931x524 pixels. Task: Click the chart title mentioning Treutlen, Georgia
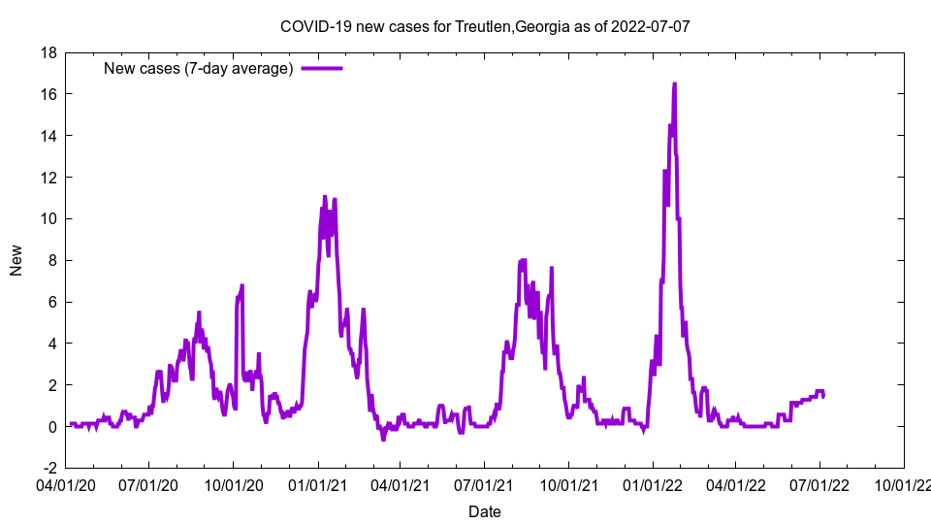[x=484, y=26]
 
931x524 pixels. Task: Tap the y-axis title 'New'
[x=16, y=260]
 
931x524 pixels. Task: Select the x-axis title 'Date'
[x=484, y=510]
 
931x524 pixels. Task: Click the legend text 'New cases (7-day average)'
[x=199, y=68]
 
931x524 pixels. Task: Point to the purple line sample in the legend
[x=322, y=68]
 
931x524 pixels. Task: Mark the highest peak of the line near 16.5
[x=674, y=84]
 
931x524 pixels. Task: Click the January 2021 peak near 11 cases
[x=325, y=197]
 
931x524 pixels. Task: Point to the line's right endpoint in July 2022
[x=823, y=396]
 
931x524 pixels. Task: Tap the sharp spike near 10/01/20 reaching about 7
[x=241, y=286]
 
